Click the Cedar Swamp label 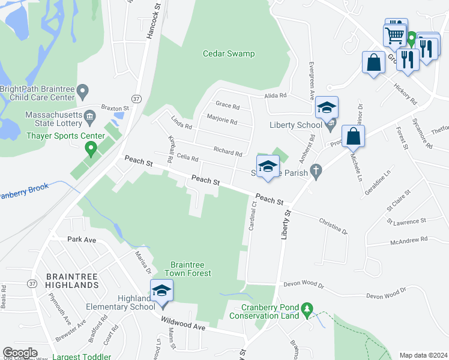coord(228,54)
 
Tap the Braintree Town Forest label coord(191,269)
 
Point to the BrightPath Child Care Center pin coord(83,92)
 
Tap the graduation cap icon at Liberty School coord(327,108)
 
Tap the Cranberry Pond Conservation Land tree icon coord(307,308)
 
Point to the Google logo coord(20,353)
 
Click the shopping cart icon coord(395,34)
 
